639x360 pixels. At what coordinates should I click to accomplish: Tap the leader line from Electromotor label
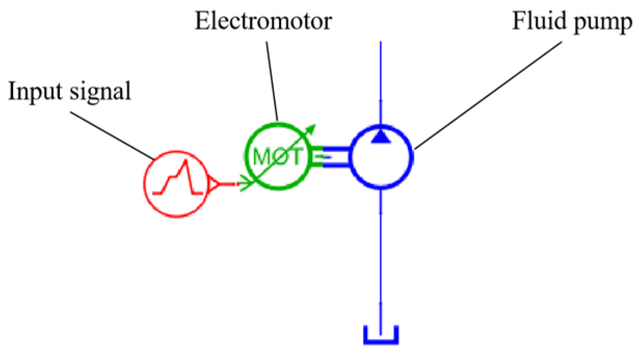coord(272,78)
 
